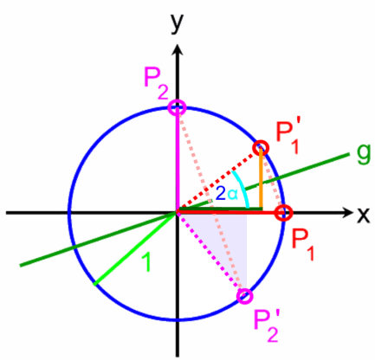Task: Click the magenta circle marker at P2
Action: coord(178,108)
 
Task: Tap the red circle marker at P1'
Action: coord(261,148)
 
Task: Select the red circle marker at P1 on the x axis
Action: coord(283,213)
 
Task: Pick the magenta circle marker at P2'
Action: coord(245,296)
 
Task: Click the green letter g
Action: coord(363,153)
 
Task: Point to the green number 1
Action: coord(146,262)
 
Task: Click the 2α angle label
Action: coord(227,194)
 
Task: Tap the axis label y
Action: coord(177,23)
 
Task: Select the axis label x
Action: coord(363,215)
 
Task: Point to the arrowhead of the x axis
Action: coord(346,213)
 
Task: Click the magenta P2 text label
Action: coord(156,84)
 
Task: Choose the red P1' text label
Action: coord(288,136)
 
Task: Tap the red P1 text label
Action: coord(302,245)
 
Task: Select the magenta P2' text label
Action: coord(266,326)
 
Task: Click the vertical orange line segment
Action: coord(261,178)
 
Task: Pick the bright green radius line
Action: coord(135,249)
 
